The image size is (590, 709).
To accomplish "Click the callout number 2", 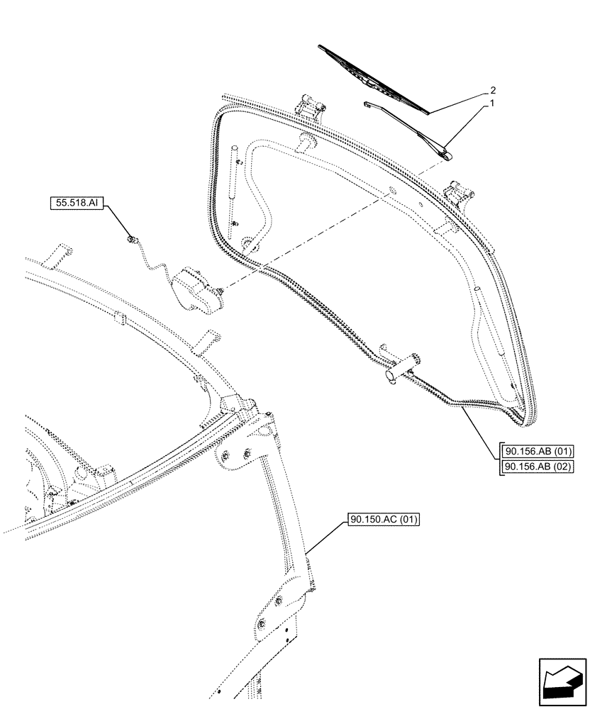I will tap(491, 91).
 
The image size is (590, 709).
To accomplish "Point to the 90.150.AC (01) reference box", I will tap(384, 520).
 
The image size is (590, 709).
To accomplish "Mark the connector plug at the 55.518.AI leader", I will tap(131, 240).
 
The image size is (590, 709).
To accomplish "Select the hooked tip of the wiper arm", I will tap(364, 104).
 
